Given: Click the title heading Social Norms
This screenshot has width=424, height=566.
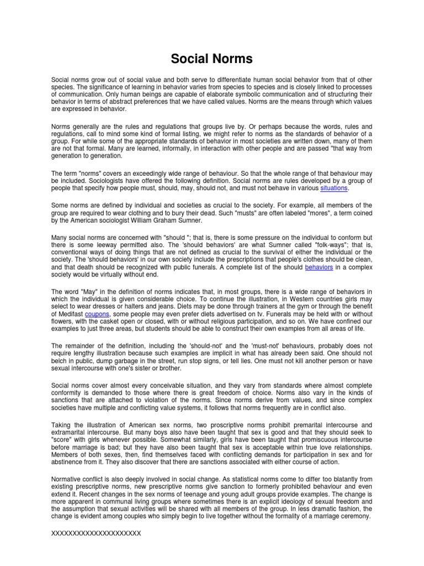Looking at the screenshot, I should (x=212, y=59).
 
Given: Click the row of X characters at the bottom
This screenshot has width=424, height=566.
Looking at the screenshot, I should (x=96, y=532).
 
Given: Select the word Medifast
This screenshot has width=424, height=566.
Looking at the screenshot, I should (x=69, y=313).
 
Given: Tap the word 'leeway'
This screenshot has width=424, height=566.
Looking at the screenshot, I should (x=111, y=244).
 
